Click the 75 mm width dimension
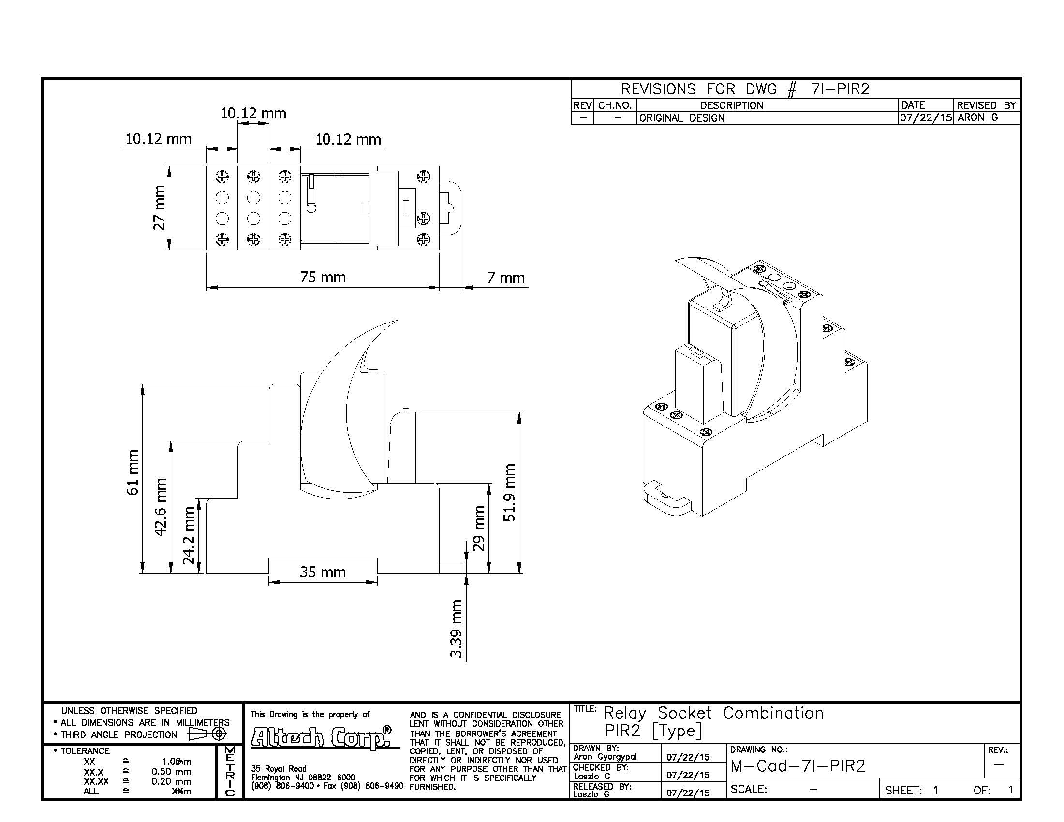click(x=323, y=277)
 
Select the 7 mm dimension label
click(x=506, y=278)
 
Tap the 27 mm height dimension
click(x=159, y=208)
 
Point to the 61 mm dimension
click(x=133, y=472)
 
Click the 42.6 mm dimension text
click(x=161, y=507)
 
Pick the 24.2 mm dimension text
click(x=189, y=535)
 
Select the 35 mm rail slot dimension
click(x=323, y=572)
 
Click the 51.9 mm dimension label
click(x=509, y=492)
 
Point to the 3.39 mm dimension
click(x=456, y=628)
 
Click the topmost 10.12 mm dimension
click(x=253, y=114)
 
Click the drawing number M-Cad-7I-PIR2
click(x=798, y=766)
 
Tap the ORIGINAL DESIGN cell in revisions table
click(x=681, y=118)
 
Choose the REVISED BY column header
click(x=986, y=105)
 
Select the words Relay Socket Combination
click(x=714, y=713)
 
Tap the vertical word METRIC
click(x=230, y=771)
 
